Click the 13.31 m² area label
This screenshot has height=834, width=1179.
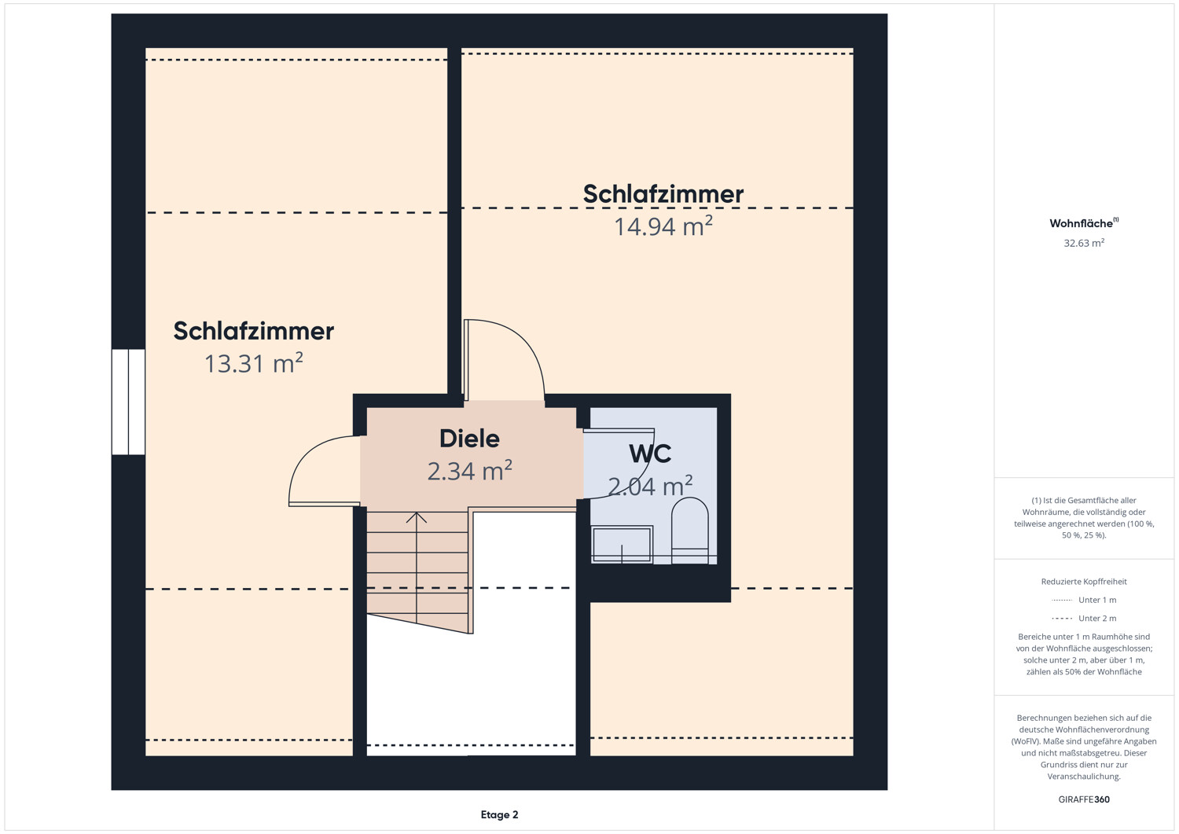(x=253, y=363)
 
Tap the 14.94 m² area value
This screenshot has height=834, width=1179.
(x=663, y=226)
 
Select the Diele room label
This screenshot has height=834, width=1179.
(x=469, y=439)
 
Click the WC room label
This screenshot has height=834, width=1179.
(x=650, y=454)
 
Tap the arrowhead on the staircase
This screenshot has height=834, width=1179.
(x=417, y=517)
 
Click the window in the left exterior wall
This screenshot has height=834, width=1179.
(x=128, y=402)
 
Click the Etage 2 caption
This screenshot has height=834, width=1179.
(x=499, y=814)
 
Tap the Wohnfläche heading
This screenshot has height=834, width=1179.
(x=1084, y=223)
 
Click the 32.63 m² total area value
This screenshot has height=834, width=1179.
(x=1084, y=243)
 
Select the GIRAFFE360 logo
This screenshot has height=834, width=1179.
(x=1084, y=799)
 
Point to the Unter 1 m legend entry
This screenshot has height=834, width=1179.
(x=1084, y=600)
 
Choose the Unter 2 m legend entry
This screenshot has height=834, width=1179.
(x=1084, y=618)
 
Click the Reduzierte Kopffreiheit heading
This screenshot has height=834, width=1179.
(x=1084, y=581)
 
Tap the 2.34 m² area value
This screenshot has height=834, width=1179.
(x=469, y=471)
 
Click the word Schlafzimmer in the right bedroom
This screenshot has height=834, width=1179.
(x=663, y=193)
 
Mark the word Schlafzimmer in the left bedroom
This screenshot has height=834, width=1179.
(x=254, y=331)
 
